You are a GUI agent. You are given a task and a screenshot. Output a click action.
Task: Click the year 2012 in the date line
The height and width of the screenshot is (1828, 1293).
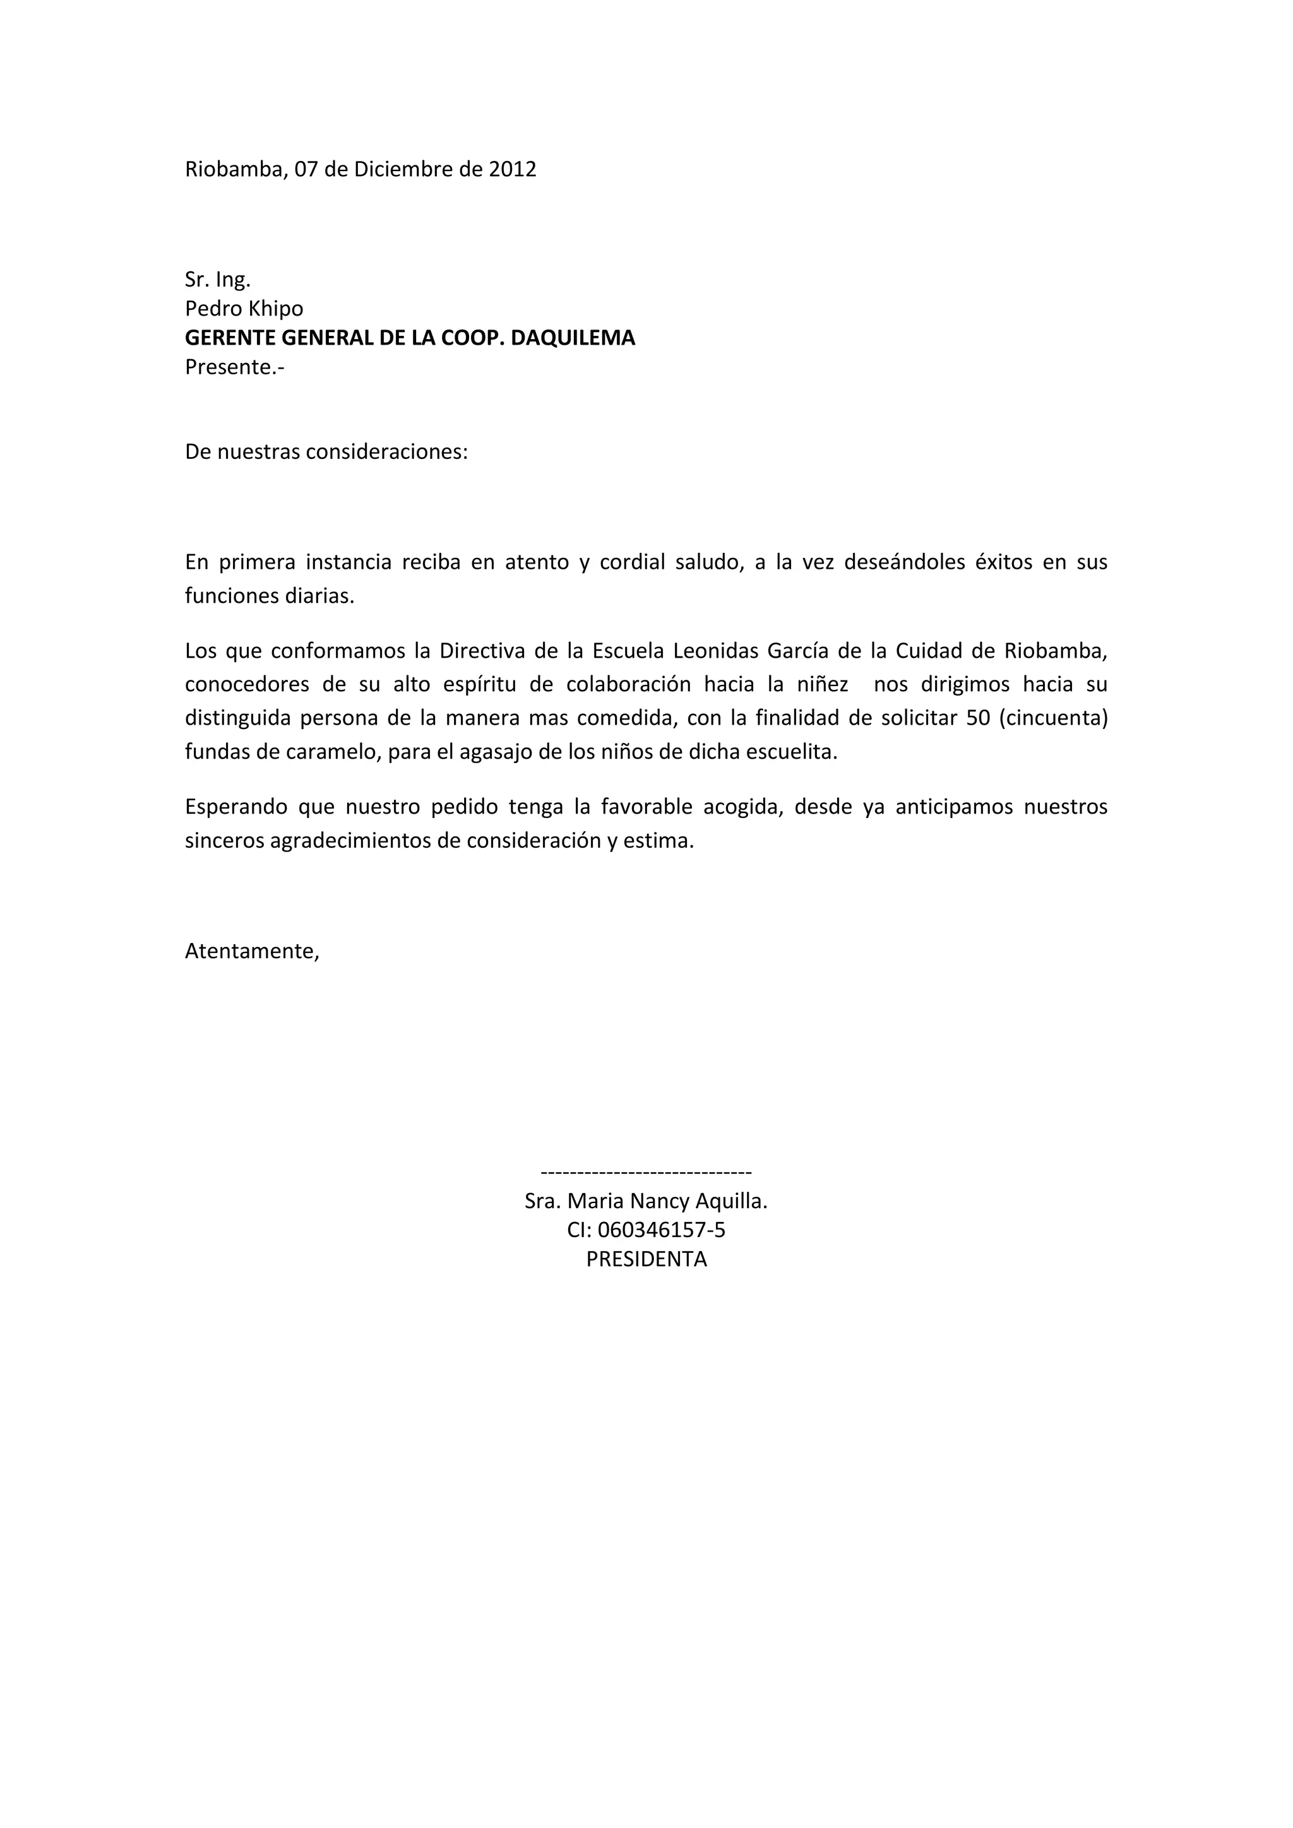[x=512, y=170]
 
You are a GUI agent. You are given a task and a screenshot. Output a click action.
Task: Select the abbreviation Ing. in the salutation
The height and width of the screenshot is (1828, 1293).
[x=232, y=280]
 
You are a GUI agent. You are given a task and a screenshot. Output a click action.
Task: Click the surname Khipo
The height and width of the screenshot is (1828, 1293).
[x=277, y=308]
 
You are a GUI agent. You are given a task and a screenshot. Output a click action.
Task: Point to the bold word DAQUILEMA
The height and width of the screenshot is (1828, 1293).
[x=573, y=338]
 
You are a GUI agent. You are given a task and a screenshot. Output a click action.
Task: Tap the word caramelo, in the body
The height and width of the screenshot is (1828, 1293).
[x=326, y=752]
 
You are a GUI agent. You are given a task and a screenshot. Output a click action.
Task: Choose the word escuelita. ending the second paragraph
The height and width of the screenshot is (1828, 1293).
[x=792, y=752]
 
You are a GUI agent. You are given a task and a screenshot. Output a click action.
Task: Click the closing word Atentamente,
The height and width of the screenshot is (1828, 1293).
[x=252, y=951]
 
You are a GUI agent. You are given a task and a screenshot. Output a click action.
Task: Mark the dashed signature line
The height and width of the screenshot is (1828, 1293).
[x=646, y=1172]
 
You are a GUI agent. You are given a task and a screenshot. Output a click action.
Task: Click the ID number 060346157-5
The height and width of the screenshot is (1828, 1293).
[x=661, y=1230]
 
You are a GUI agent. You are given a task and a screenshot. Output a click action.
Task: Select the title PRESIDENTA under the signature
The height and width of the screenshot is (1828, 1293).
[x=646, y=1259]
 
